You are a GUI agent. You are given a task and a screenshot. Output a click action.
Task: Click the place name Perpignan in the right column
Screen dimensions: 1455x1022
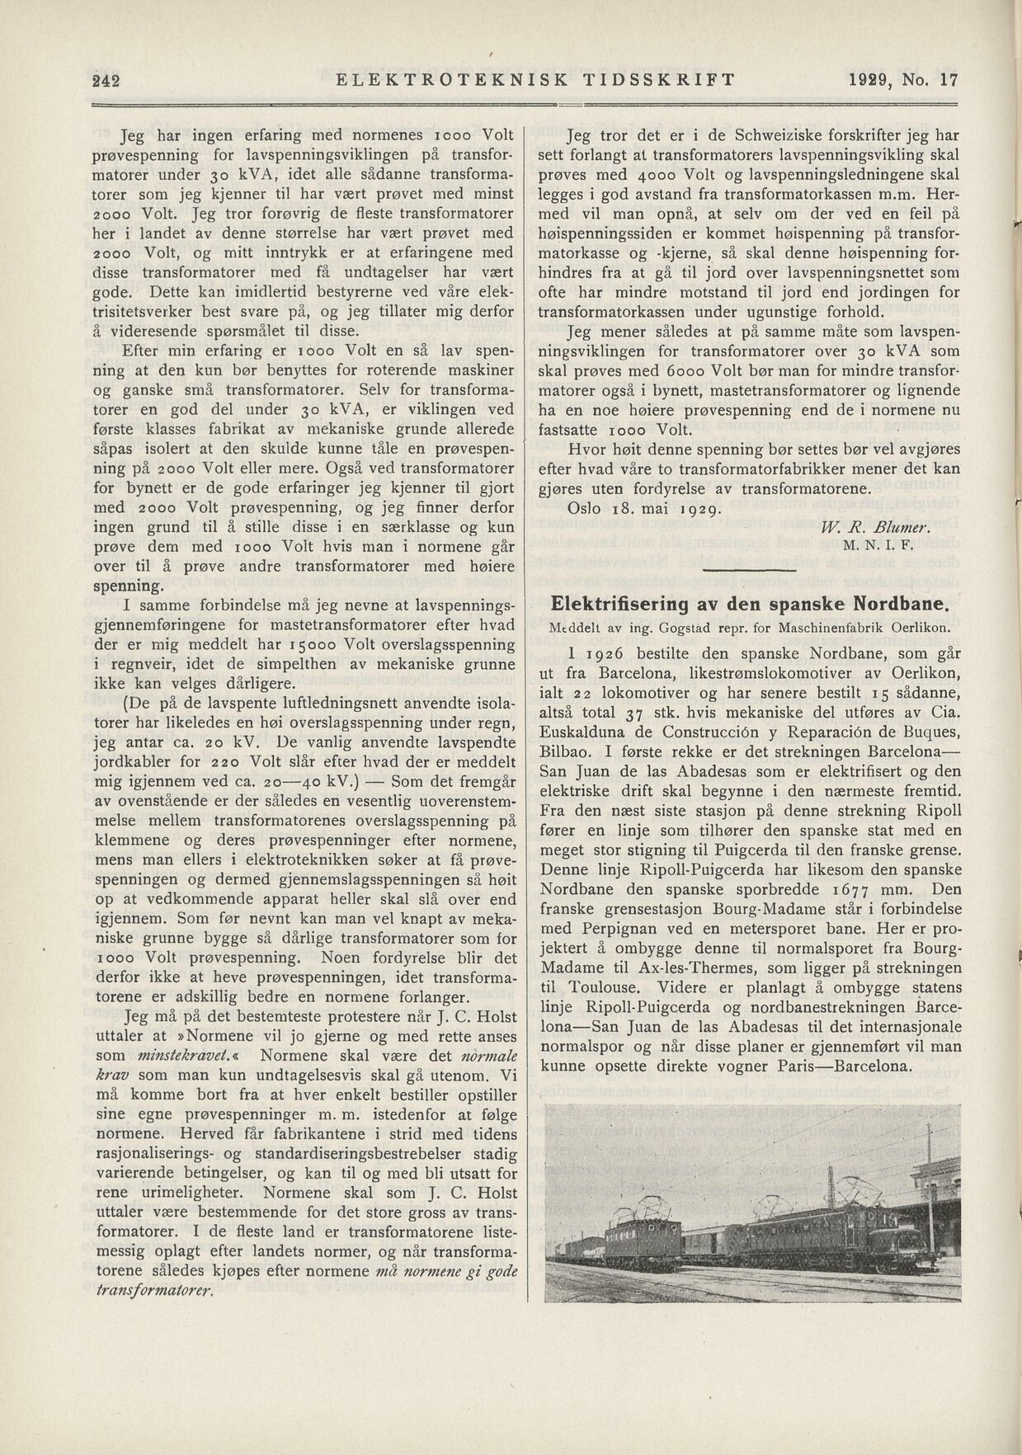click(x=628, y=929)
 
